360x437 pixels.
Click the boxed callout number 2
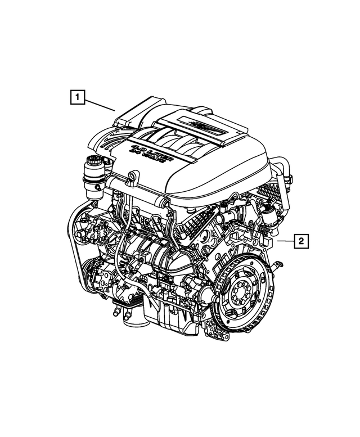tap(301, 241)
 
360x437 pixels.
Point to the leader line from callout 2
tap(284, 241)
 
